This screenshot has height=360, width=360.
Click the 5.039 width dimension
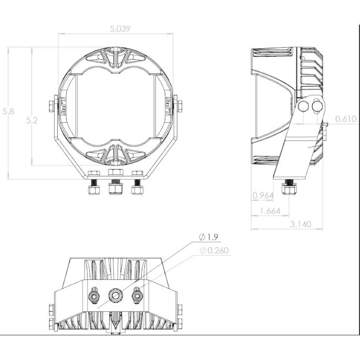point(120,29)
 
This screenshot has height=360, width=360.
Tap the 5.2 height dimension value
point(32,121)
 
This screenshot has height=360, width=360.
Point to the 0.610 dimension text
point(346,119)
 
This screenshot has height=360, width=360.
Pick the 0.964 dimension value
point(262,196)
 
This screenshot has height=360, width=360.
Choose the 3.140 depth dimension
point(300,224)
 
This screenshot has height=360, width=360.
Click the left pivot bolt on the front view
point(53,104)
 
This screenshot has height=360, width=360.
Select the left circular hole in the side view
point(303,107)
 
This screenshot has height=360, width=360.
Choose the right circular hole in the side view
point(317,107)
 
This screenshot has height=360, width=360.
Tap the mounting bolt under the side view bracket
point(289,187)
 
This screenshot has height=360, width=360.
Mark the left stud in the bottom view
point(94,298)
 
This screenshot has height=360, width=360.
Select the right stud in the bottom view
point(137,298)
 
